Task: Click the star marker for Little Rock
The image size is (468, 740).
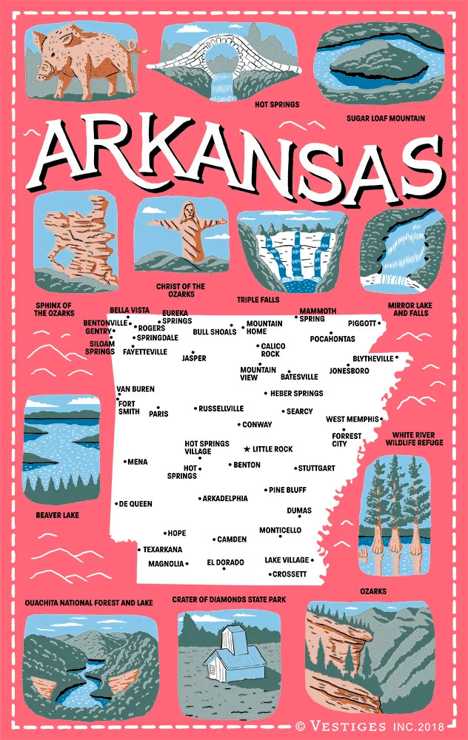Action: click(x=247, y=449)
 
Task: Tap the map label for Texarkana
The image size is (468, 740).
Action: click(x=162, y=550)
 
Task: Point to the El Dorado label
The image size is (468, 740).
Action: click(x=225, y=562)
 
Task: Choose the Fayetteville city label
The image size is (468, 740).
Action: click(x=145, y=352)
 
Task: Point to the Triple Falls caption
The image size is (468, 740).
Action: click(x=258, y=300)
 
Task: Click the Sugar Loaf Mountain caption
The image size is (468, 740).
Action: click(x=385, y=118)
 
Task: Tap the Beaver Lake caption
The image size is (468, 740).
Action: click(x=57, y=514)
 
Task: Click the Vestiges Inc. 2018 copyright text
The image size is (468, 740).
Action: click(x=378, y=727)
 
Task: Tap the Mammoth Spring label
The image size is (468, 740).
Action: click(x=318, y=314)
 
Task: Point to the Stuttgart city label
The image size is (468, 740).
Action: click(x=317, y=468)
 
